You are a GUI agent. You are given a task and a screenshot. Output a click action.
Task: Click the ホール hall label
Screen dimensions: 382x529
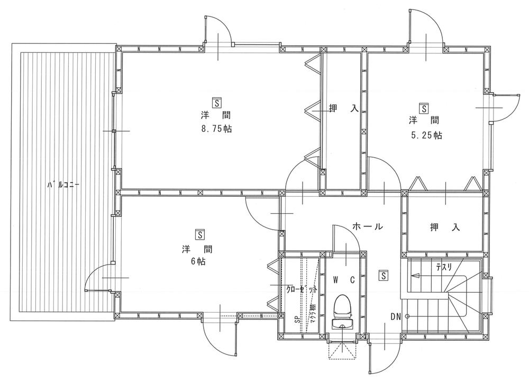click(x=367, y=226)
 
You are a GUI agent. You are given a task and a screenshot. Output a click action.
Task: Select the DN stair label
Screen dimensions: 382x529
click(x=396, y=316)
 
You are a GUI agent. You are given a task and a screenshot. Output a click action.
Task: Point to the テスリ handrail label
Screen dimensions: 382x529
click(x=443, y=268)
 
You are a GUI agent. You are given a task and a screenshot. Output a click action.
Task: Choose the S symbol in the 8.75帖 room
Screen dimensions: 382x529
click(x=216, y=102)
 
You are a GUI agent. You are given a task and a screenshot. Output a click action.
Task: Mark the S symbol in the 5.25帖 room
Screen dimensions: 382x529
click(x=424, y=108)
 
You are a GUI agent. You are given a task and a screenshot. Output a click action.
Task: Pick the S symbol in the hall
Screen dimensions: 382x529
click(x=384, y=275)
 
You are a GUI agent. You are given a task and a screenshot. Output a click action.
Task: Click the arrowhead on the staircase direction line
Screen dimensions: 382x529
click(x=414, y=275)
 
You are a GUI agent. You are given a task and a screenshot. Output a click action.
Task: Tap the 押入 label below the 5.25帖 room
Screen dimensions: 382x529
click(x=444, y=228)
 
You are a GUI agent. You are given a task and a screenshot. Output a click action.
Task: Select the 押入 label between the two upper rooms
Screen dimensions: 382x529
click(x=344, y=108)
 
